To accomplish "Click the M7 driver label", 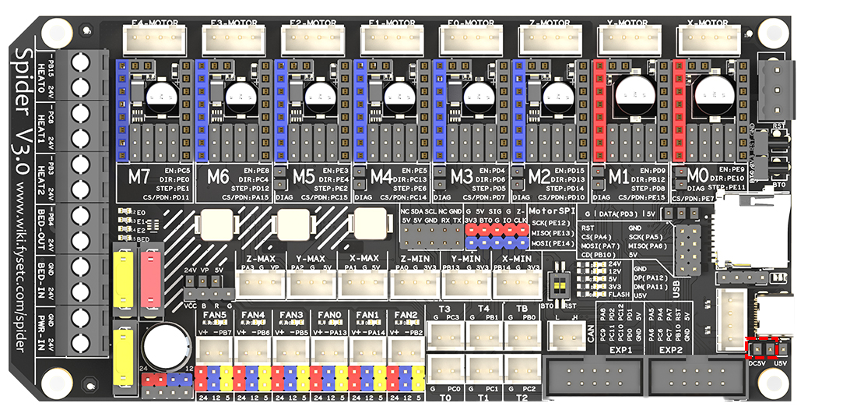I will click(x=140, y=178).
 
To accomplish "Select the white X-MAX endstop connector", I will click(x=363, y=285).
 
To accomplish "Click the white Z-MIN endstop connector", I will click(x=414, y=285).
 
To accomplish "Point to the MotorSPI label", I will click(x=552, y=210).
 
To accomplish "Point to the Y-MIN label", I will click(x=464, y=258).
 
